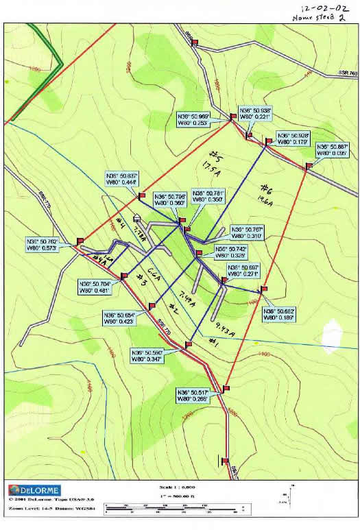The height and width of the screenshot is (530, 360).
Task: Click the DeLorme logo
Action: pos(34,490)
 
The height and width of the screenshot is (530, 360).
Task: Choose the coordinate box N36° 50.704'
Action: pos(96,287)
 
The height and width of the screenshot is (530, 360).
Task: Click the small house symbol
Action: pos(137,218)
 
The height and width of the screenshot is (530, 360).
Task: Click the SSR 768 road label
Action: pos(348,73)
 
